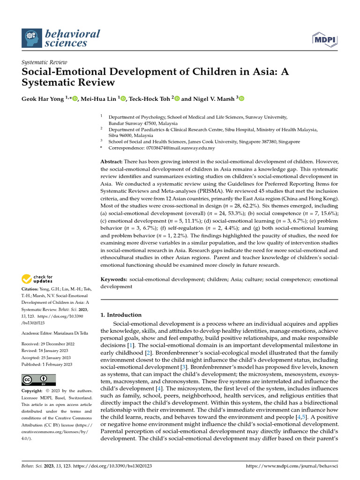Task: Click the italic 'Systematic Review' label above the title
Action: tap(45, 62)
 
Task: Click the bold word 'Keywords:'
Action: tap(114, 279)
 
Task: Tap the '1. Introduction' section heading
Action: tap(121, 315)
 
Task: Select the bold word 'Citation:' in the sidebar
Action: tap(31, 289)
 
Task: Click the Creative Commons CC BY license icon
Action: tap(38, 380)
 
